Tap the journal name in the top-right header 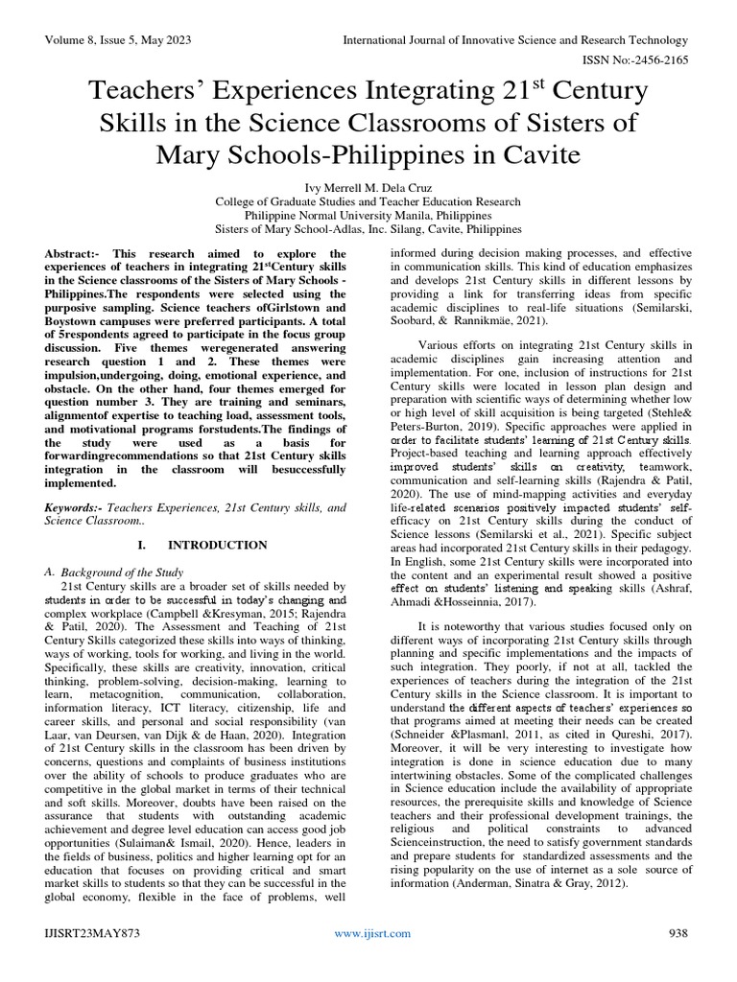pos(517,40)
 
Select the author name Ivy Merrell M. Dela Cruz pos(368,188)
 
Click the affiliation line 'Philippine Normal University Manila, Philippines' pos(368,216)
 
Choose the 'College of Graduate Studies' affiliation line pos(368,202)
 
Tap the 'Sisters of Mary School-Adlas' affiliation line pos(368,230)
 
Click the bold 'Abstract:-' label pos(77,252)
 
